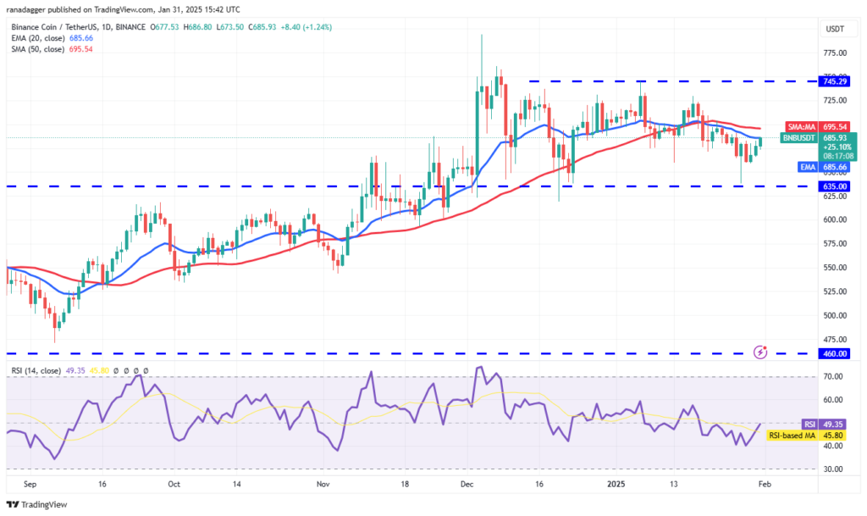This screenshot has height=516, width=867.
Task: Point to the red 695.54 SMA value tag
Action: (x=835, y=126)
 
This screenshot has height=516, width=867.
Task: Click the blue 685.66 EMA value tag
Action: (x=835, y=168)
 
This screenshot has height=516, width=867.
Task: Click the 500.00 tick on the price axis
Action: (x=835, y=315)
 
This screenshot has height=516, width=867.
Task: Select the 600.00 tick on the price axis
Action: (x=835, y=219)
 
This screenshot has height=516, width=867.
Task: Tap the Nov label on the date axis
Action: (x=323, y=486)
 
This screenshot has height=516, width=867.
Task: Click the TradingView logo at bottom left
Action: (x=38, y=505)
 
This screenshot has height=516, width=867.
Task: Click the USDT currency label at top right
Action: (x=835, y=28)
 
